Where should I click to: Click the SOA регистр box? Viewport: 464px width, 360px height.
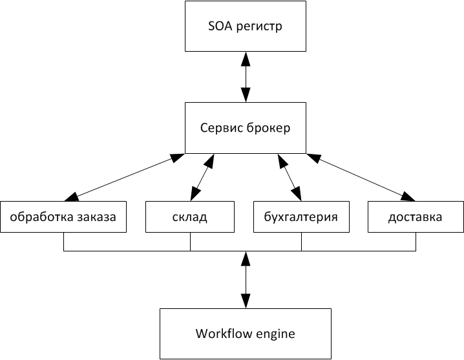pyautogui.click(x=245, y=27)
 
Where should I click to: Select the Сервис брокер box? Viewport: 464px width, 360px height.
pyautogui.click(x=245, y=128)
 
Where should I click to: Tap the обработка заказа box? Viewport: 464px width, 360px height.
pyautogui.click(x=63, y=217)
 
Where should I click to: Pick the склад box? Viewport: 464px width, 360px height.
pyautogui.click(x=190, y=217)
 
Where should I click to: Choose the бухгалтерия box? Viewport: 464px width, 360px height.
pyautogui.click(x=301, y=217)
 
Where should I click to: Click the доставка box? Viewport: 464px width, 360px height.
pyautogui.click(x=415, y=217)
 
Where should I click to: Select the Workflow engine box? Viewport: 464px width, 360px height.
pyautogui.click(x=245, y=334)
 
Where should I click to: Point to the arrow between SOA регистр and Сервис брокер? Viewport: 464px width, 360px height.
pyautogui.click(x=245, y=77)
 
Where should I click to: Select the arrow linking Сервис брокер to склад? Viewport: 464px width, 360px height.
pyautogui.click(x=203, y=177)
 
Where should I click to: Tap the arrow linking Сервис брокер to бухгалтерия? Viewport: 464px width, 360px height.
pyautogui.click(x=289, y=177)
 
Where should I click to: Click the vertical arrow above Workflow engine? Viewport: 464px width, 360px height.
pyautogui.click(x=245, y=280)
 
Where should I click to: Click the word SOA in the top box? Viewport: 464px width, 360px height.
pyautogui.click(x=220, y=27)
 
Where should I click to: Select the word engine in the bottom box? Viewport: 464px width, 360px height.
pyautogui.click(x=275, y=335)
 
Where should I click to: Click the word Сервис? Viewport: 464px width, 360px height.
pyautogui.click(x=220, y=128)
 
